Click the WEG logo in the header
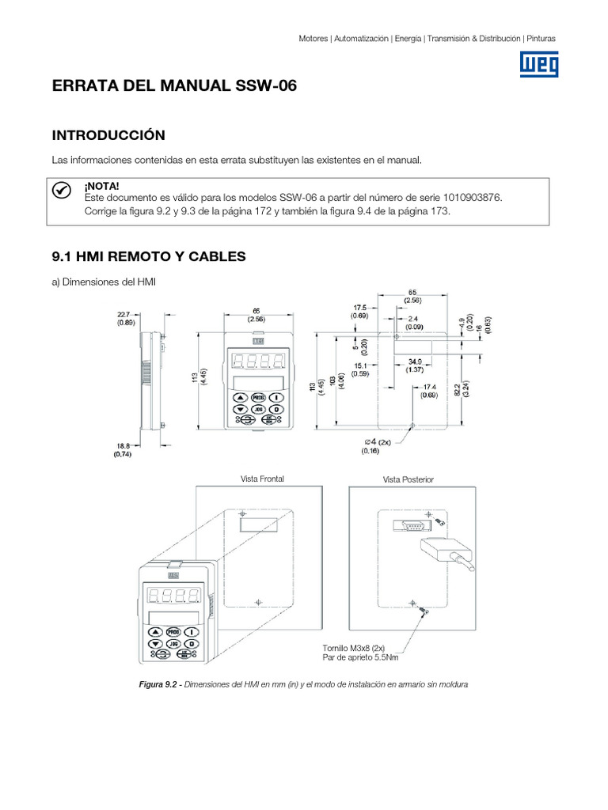click(x=538, y=64)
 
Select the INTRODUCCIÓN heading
click(x=108, y=135)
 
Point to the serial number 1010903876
click(x=468, y=197)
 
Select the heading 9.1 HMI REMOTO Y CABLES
click(x=149, y=256)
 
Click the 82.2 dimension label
click(x=469, y=384)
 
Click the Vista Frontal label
click(x=262, y=479)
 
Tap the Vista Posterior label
click(x=408, y=479)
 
